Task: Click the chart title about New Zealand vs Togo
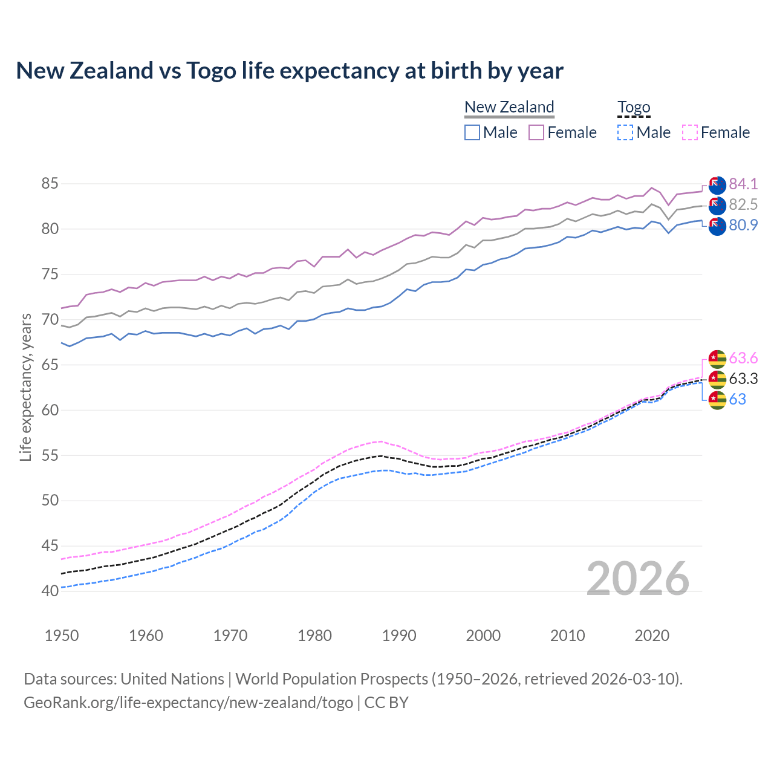click(x=290, y=71)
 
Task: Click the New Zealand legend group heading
click(x=509, y=107)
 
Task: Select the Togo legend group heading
click(x=633, y=107)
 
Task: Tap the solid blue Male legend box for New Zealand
click(x=472, y=132)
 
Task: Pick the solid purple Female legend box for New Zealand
click(x=536, y=132)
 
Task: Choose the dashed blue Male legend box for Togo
click(x=625, y=132)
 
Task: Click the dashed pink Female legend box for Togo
click(x=689, y=132)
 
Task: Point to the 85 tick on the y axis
click(x=50, y=183)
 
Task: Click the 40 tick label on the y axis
click(x=50, y=591)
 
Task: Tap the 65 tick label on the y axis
click(x=50, y=365)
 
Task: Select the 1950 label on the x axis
click(x=62, y=636)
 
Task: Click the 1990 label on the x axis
click(x=399, y=636)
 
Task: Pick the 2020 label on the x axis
click(x=652, y=636)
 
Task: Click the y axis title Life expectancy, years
click(x=25, y=387)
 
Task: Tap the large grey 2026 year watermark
click(x=637, y=579)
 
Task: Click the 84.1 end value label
click(x=743, y=184)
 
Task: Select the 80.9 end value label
click(x=743, y=225)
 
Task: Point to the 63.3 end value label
click(x=743, y=379)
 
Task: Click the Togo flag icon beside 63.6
click(x=717, y=359)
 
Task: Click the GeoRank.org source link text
click(x=188, y=703)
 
